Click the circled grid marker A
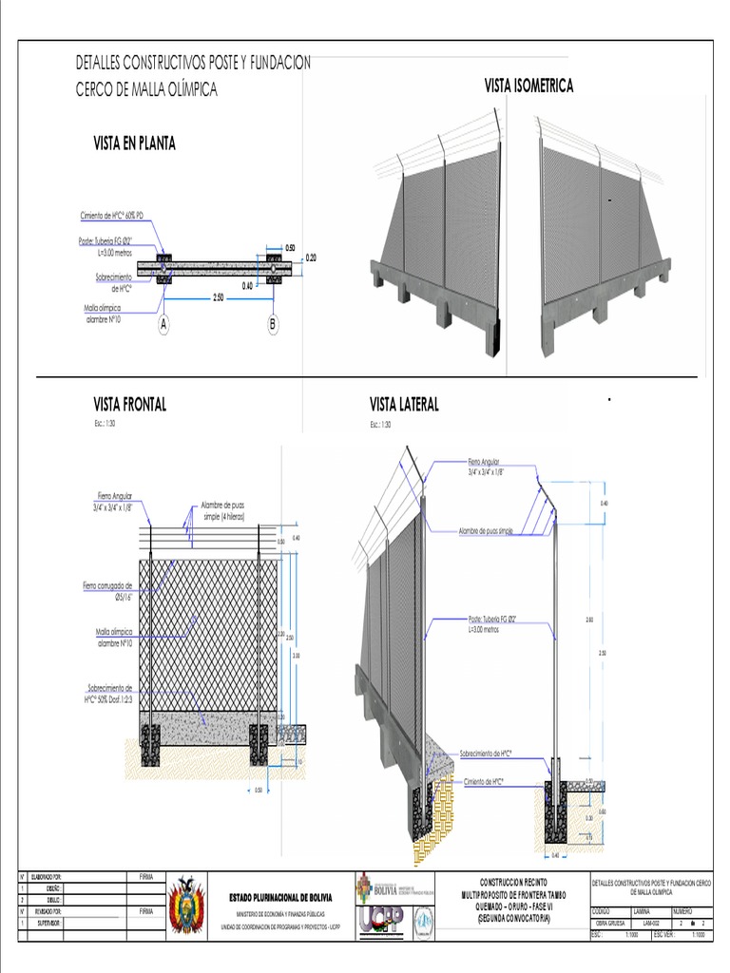(x=163, y=325)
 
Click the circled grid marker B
(x=273, y=325)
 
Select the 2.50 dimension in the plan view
(x=218, y=297)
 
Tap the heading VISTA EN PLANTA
(x=134, y=143)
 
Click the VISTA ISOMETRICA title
(x=528, y=86)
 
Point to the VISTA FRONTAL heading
(x=129, y=405)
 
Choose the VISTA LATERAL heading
(x=404, y=405)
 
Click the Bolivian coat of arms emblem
(x=186, y=904)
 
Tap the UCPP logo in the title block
(x=380, y=920)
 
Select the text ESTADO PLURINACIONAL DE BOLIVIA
(x=280, y=898)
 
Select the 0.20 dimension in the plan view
(x=311, y=258)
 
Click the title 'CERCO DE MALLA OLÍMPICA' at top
(x=146, y=90)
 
